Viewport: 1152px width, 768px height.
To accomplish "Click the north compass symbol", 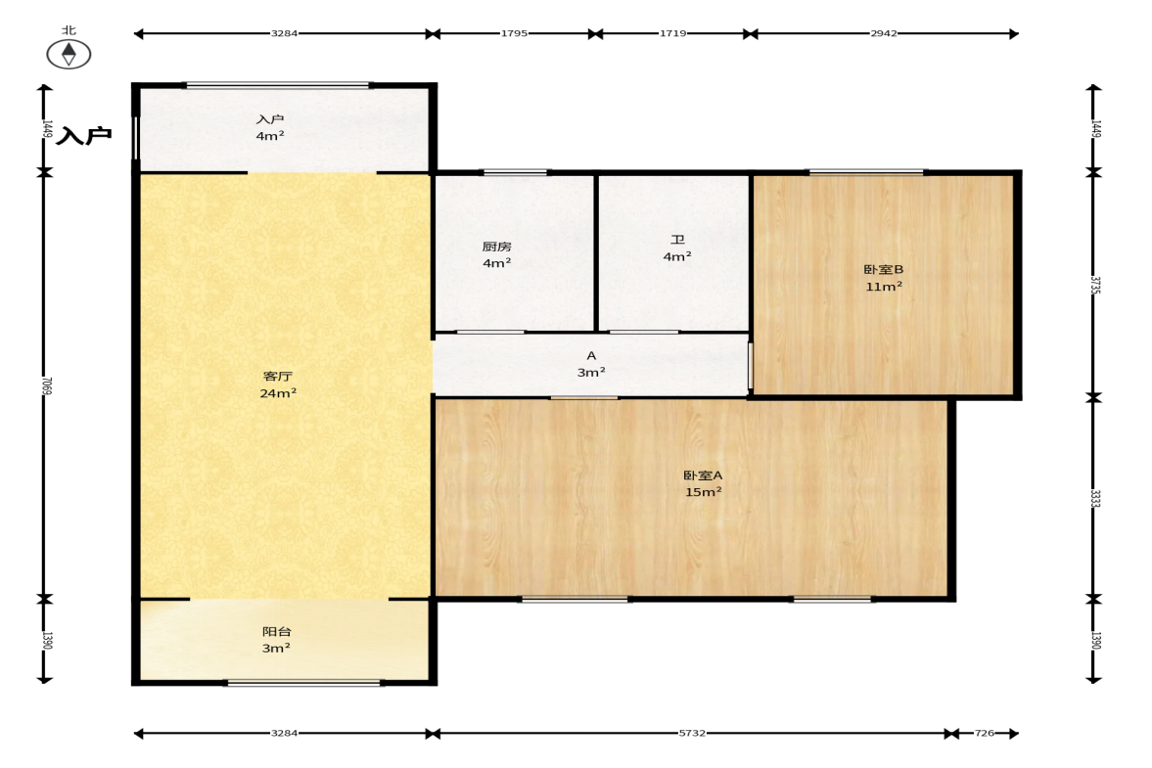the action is pos(69,54).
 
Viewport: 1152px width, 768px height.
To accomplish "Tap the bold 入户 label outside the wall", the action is pos(84,135).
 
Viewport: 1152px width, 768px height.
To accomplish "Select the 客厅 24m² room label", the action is pos(278,384).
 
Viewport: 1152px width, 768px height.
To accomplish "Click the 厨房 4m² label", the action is pos(496,254).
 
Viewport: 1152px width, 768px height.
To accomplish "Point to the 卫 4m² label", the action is pos(676,248).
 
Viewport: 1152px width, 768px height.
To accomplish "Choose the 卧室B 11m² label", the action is pos(883,278).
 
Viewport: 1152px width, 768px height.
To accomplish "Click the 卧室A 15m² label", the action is pos(703,484).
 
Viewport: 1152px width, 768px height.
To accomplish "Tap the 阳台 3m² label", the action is pos(276,640).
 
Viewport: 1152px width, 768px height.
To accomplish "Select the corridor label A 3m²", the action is pos(591,364).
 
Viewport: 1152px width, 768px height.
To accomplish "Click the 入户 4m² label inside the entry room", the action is pos(269,127).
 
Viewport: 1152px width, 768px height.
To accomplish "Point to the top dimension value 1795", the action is pos(514,33).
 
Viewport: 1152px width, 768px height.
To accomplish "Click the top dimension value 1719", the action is pos(673,33).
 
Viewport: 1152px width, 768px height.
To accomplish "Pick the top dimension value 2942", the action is pos(884,33).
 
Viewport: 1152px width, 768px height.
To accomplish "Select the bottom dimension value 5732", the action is pos(692,733).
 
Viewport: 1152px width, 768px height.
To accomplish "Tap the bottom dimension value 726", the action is pos(985,733).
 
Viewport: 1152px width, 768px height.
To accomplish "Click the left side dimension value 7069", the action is pos(47,386).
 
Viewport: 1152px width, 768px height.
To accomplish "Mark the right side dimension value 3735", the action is pos(1095,285).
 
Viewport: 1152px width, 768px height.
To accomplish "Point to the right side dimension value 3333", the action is pos(1095,499).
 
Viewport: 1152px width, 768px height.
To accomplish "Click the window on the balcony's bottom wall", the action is pos(302,683).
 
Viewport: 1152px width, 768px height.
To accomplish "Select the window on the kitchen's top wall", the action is pos(515,172).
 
